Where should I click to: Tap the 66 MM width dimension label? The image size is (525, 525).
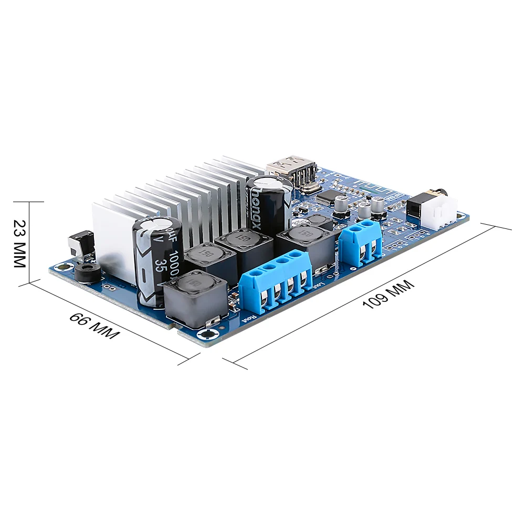coord(94,326)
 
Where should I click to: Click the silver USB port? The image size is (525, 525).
coord(292,169)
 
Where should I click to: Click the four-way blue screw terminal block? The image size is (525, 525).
coord(274,283)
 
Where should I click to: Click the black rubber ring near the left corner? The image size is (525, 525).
coord(84,273)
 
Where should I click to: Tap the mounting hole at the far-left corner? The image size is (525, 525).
coord(62,266)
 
